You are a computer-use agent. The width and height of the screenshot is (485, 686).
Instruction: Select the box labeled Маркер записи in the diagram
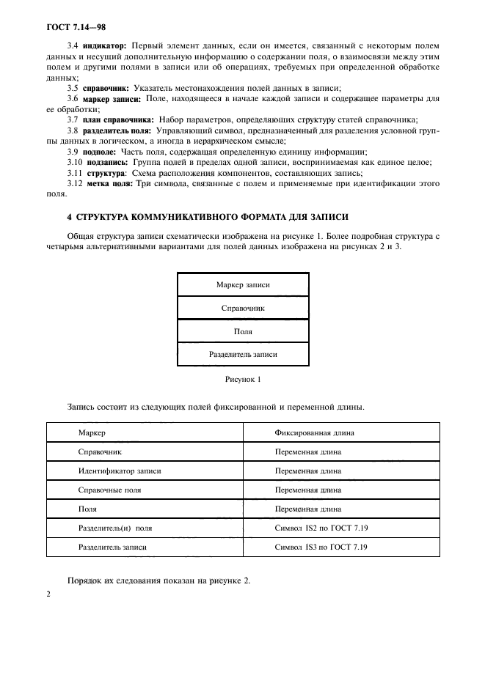242,284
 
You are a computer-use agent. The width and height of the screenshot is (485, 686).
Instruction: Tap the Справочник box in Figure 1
242,308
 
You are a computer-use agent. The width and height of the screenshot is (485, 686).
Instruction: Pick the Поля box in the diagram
242,331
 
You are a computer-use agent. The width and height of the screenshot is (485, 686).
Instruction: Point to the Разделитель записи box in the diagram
242,355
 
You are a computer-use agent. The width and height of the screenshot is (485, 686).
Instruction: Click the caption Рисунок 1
242,380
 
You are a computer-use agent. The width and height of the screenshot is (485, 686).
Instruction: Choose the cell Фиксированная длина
312,433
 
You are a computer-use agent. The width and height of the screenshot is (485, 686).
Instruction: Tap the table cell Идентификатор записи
120,471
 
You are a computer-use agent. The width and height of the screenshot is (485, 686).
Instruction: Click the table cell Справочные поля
109,490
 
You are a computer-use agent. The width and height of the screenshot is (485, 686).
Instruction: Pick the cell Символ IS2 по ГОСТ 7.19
321,528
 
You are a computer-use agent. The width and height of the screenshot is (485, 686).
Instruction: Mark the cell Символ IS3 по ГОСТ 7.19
321,547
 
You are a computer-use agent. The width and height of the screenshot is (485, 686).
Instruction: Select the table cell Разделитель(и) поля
115,528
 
